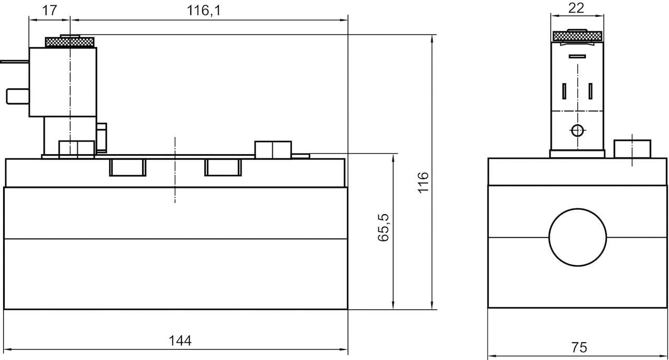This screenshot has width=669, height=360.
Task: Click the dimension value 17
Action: (49, 11)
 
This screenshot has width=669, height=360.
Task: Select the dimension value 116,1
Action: (203, 11)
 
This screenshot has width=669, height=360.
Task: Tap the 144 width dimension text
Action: (180, 341)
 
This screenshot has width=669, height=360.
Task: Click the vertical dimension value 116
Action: (423, 182)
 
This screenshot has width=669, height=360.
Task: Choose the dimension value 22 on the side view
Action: (577, 8)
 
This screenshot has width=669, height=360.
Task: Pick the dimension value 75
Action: (579, 347)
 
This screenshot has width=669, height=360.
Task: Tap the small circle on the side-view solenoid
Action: (577, 131)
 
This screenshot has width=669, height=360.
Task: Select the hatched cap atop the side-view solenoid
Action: (577, 36)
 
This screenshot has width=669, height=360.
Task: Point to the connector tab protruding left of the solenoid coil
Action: (16, 96)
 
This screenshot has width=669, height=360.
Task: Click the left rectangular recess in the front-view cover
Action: (128, 167)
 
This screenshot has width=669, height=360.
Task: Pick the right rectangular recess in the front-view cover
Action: (223, 167)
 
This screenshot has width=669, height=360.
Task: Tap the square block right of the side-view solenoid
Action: (632, 149)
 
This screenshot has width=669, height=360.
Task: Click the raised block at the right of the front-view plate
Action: (273, 149)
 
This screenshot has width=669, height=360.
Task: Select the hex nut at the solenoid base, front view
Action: (76, 149)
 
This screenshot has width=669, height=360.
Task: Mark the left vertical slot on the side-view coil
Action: (564, 91)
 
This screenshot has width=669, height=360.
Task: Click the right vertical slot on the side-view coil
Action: (590, 91)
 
